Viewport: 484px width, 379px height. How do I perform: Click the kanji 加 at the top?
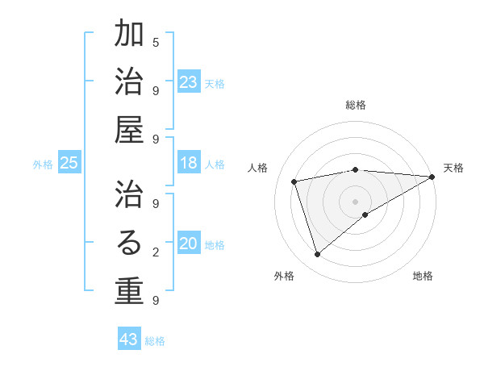129,35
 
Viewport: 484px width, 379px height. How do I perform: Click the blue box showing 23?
189,81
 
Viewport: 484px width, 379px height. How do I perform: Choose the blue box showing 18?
189,163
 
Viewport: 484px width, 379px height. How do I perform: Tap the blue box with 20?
189,244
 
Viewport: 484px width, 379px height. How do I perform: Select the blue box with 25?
69,163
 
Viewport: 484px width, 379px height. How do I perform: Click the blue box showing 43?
129,339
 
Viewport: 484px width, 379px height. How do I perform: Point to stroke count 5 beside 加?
156,42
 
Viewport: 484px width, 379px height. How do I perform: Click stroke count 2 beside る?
156,252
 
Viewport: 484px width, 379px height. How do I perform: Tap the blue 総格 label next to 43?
155,341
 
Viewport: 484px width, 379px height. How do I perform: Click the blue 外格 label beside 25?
43,165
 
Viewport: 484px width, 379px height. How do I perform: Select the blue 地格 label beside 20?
215,245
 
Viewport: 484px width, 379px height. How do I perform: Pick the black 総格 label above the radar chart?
356,105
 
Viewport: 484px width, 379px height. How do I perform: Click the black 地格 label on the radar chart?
423,276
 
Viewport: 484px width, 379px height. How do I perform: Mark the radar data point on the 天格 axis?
433,177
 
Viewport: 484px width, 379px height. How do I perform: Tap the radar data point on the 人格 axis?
294,181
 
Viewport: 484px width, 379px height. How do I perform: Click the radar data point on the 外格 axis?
318,255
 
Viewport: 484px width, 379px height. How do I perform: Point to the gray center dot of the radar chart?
355,200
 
